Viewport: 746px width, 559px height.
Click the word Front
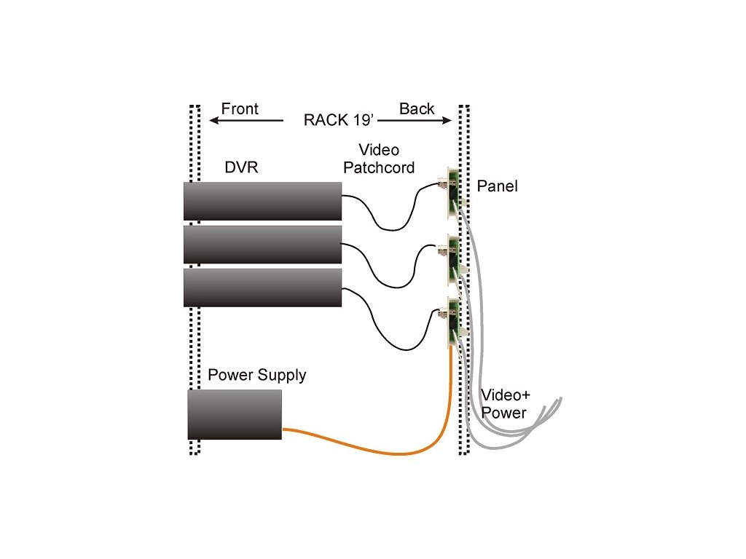[x=240, y=109]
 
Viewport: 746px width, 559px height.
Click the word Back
[x=417, y=109]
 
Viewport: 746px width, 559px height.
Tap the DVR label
[x=241, y=168]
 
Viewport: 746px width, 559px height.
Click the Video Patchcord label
[x=379, y=159]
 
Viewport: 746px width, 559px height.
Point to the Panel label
[x=498, y=186]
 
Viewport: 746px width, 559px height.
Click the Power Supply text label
[x=257, y=376]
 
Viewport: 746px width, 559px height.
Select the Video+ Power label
[x=503, y=404]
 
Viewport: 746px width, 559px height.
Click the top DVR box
[x=262, y=201]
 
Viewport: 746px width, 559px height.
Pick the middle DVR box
[x=262, y=245]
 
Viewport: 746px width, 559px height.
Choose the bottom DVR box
[x=262, y=288]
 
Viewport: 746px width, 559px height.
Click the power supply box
[x=235, y=414]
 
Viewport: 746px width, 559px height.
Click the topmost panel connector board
[x=452, y=193]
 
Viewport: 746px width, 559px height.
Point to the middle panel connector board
[x=452, y=255]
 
